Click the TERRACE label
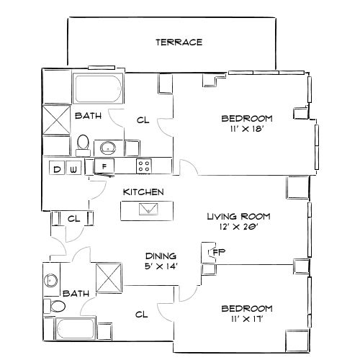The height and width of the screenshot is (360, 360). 179,42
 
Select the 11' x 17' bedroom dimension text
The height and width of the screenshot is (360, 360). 246,319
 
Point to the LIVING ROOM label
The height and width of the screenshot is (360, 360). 237,215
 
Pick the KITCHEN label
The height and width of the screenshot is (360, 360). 143,192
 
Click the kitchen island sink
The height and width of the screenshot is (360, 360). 149,209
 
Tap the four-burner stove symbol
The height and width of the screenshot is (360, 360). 145,166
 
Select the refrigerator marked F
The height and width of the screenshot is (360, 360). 104,167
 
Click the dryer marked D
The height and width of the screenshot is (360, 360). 57,169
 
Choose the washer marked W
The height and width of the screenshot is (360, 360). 73,169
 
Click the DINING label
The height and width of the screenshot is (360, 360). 161,256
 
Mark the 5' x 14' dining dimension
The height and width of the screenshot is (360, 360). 161,266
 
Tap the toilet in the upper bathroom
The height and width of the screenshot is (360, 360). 83,143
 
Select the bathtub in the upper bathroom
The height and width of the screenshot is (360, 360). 99,89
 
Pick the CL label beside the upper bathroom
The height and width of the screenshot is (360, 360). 143,120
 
